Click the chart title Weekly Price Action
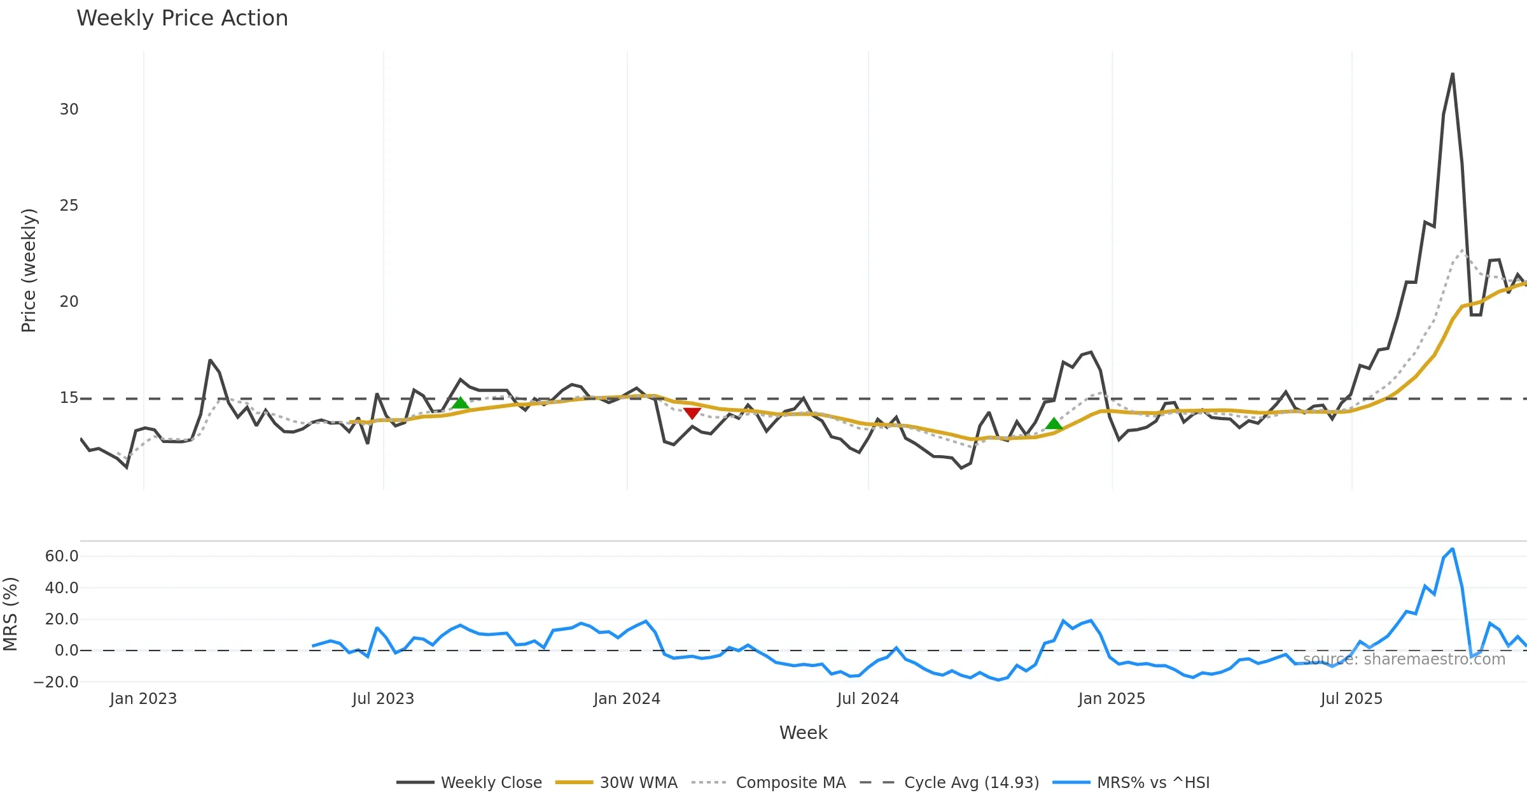(x=182, y=18)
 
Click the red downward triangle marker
(x=692, y=413)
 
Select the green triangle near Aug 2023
(x=460, y=402)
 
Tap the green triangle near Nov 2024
(x=1054, y=423)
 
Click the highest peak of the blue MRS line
(x=1453, y=549)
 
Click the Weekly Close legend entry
(x=470, y=782)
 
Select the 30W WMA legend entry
(x=617, y=782)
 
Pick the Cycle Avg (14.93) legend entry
(x=949, y=782)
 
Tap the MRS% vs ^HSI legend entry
(x=1131, y=782)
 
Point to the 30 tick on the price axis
(x=69, y=109)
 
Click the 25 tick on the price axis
(x=69, y=206)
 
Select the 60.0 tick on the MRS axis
(x=62, y=556)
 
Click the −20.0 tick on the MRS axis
(x=56, y=682)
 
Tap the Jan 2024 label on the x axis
(x=627, y=699)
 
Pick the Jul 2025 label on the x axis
(x=1351, y=699)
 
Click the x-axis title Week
(x=803, y=733)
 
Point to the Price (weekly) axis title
(x=29, y=271)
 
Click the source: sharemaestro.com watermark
(x=1404, y=659)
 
